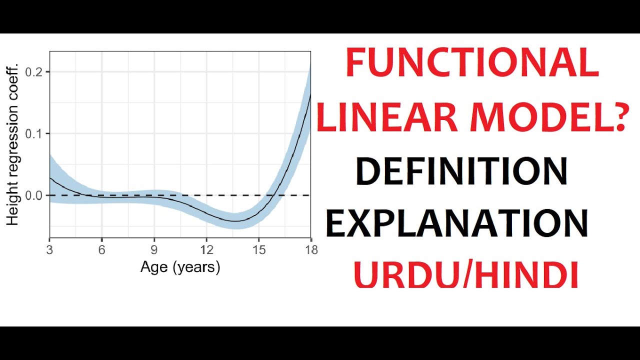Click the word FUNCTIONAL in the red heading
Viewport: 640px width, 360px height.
tap(472, 63)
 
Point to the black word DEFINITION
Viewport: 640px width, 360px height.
tap(461, 171)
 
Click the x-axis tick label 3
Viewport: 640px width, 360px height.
tap(49, 250)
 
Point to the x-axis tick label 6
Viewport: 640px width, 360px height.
tap(102, 250)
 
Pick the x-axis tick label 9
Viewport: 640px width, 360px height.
tap(154, 250)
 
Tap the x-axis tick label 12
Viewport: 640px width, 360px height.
tap(206, 250)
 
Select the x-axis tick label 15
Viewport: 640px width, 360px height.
tap(258, 250)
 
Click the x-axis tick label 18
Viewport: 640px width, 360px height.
tap(311, 250)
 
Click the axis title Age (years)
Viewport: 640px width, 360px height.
tap(180, 267)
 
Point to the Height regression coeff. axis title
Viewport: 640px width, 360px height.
tap(12, 144)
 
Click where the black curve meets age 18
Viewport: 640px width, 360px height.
tap(310, 95)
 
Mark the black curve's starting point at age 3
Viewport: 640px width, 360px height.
tap(50, 178)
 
